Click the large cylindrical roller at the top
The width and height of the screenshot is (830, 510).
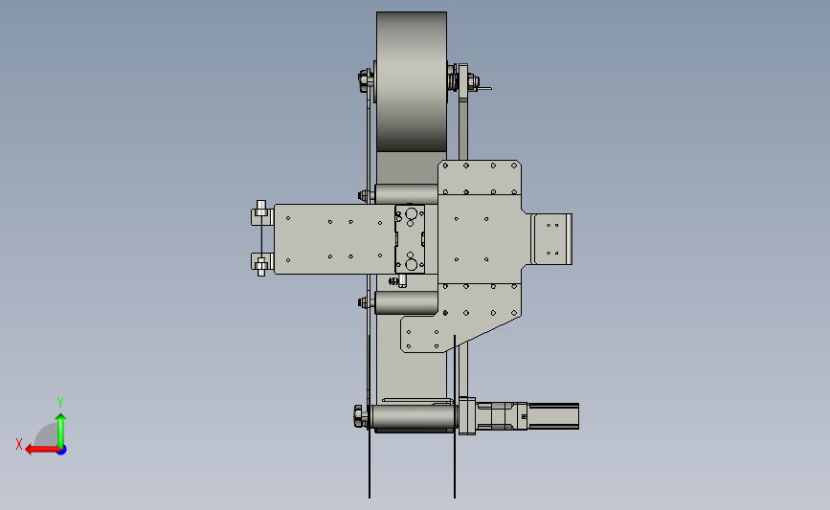click(x=412, y=82)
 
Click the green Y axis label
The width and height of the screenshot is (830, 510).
click(x=60, y=403)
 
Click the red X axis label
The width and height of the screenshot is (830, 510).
click(x=19, y=444)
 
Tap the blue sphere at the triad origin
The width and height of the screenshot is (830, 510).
click(x=62, y=451)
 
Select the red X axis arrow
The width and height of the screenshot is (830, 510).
click(x=41, y=450)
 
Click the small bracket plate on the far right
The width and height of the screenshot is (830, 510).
click(x=551, y=239)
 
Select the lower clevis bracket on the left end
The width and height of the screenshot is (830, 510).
click(x=261, y=263)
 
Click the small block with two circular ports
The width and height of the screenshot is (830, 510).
click(x=410, y=239)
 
